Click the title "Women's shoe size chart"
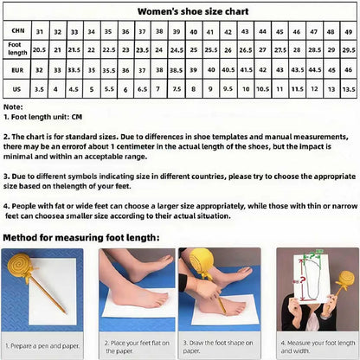click(x=180, y=13)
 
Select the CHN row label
click(x=15, y=31)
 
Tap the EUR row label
click(x=15, y=69)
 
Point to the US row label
click(x=15, y=88)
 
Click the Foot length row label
click(x=15, y=49)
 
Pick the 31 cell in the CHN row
click(x=39, y=31)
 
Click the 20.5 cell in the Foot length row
click(x=39, y=50)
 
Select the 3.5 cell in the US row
click(x=39, y=88)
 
